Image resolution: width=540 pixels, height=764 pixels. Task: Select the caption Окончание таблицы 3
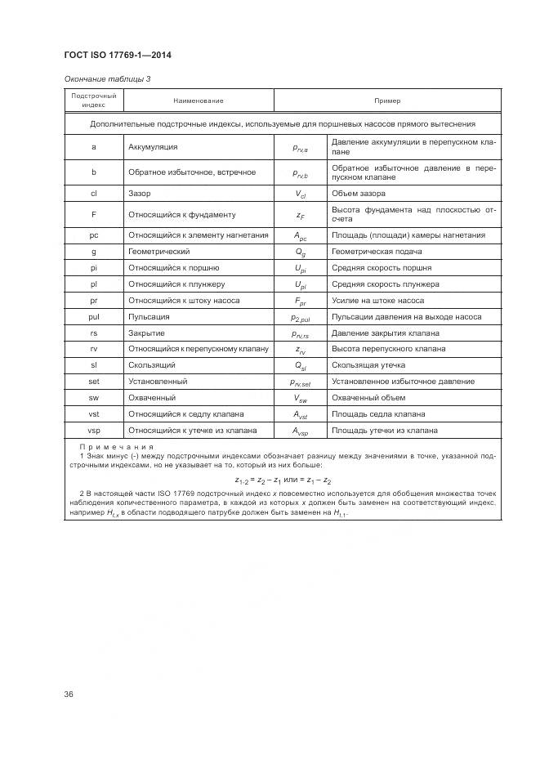click(107, 79)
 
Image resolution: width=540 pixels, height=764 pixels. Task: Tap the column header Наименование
click(198, 101)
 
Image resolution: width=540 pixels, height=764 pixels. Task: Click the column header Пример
click(387, 101)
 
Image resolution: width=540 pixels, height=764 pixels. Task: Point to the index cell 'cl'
click(94, 194)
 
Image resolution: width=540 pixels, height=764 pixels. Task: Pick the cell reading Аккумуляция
click(153, 147)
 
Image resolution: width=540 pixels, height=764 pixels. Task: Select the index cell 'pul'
click(94, 317)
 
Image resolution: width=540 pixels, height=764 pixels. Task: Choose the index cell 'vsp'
click(94, 431)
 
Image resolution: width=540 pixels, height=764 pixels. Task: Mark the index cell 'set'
click(94, 382)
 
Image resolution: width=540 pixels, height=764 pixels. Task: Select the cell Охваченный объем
click(366, 398)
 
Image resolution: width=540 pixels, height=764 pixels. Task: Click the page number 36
click(69, 695)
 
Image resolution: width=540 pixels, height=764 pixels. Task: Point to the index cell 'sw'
click(94, 398)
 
